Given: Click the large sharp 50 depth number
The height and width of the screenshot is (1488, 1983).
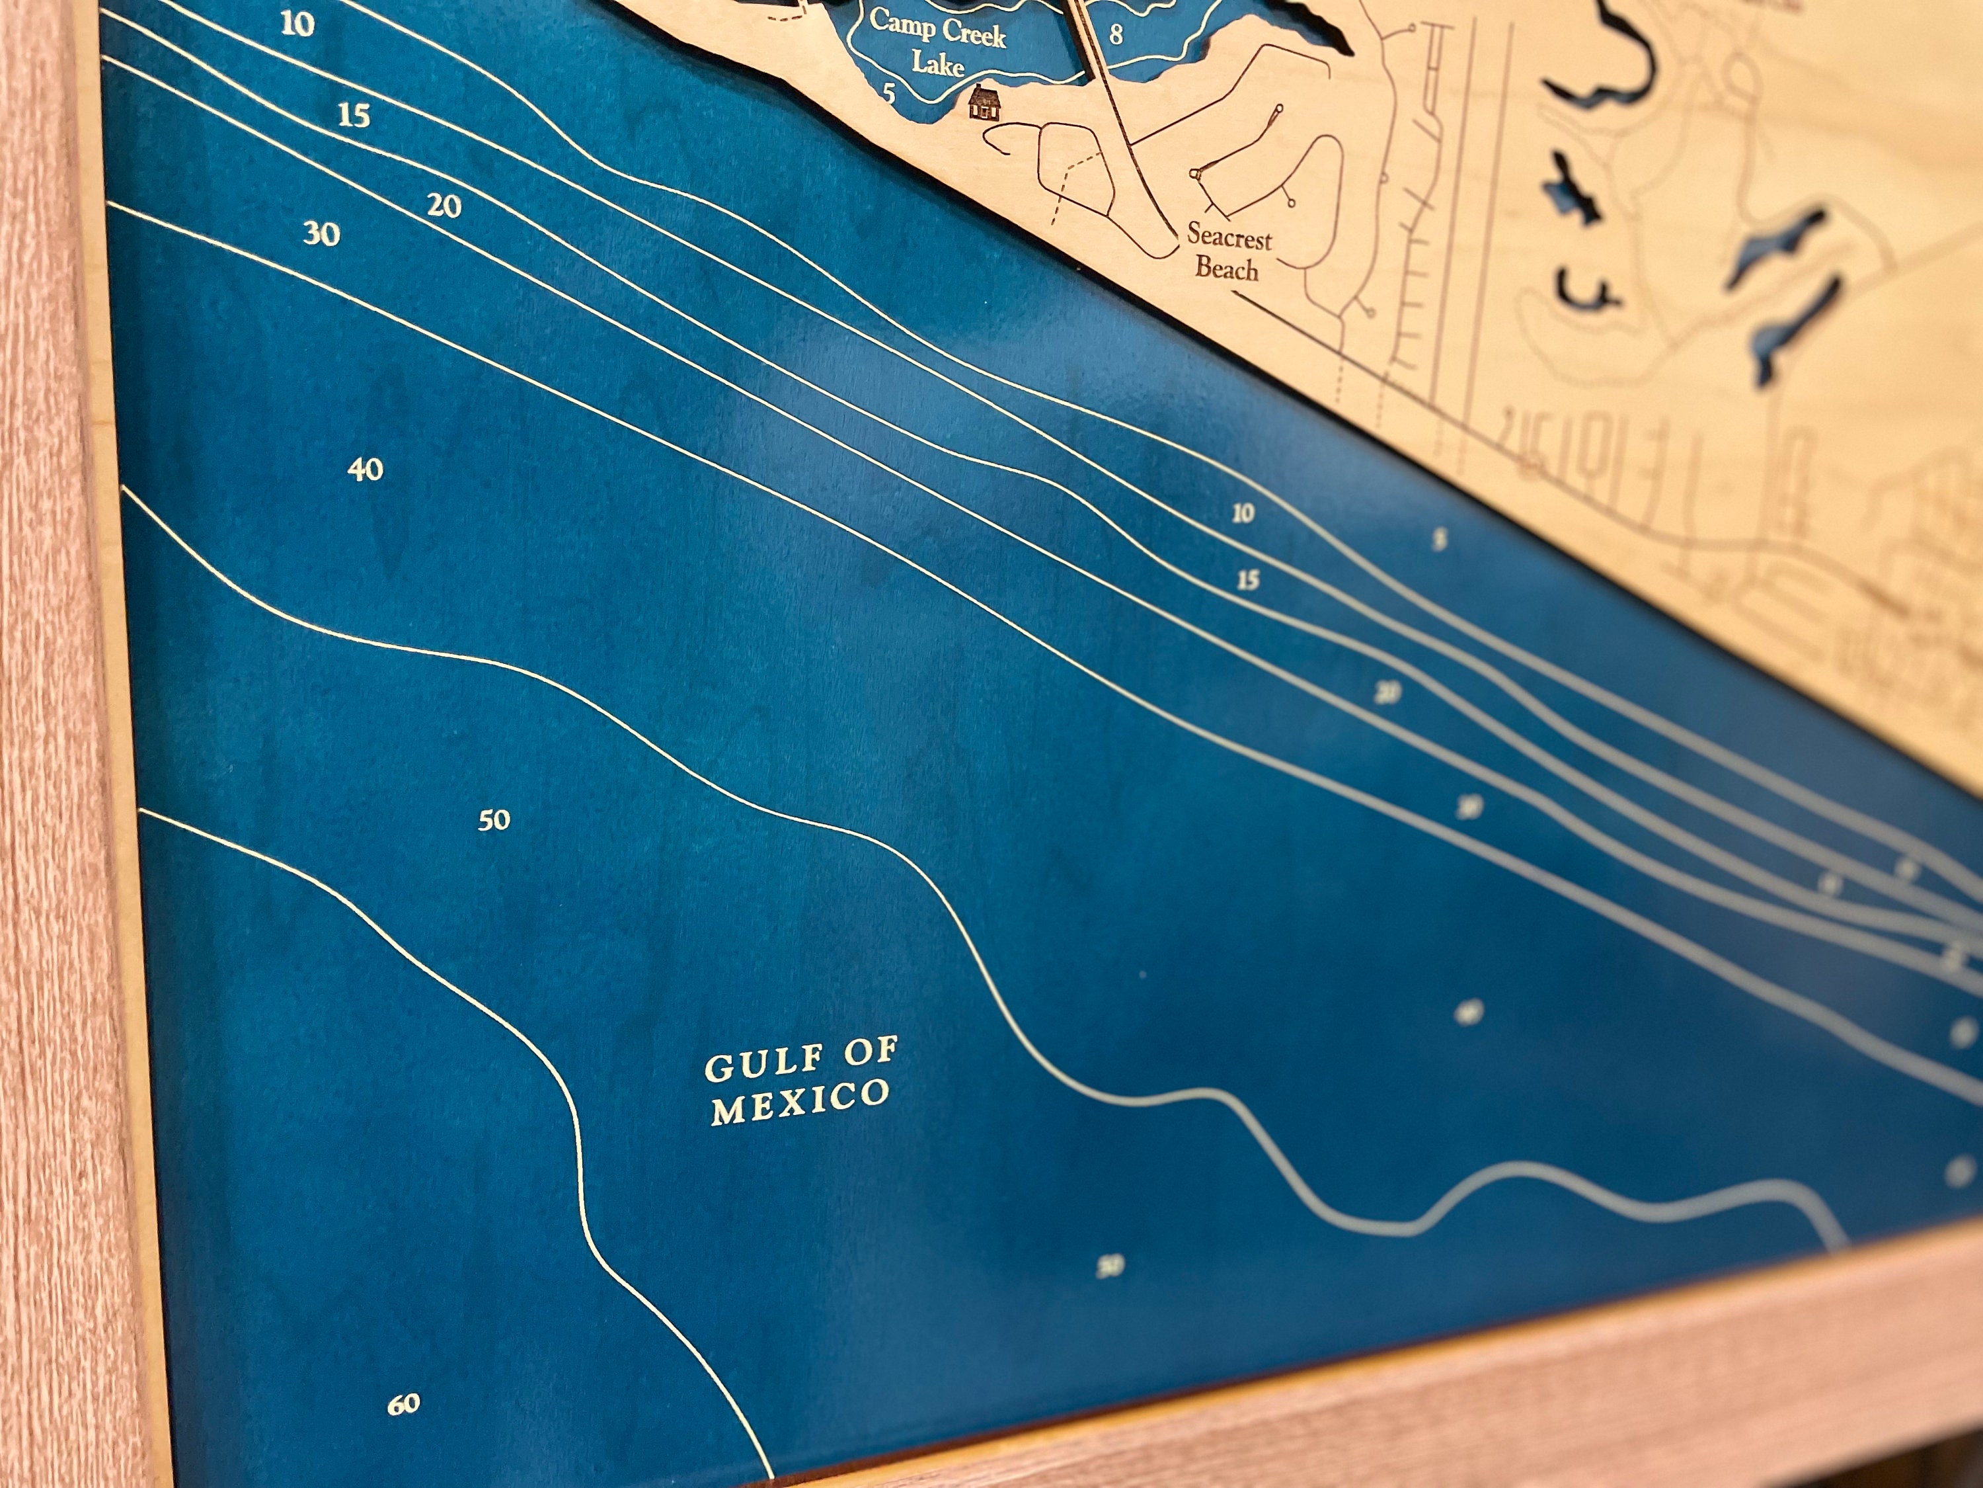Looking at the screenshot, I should (x=494, y=820).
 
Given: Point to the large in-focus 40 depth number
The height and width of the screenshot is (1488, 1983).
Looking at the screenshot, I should (x=366, y=469).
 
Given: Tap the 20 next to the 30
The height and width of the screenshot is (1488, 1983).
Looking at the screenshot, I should (x=444, y=207).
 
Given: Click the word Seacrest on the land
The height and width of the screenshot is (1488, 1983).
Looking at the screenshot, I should (x=1229, y=237).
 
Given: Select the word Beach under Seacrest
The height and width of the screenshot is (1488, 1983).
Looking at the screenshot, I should (x=1226, y=269).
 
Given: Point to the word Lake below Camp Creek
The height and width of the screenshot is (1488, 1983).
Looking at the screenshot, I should (x=939, y=65).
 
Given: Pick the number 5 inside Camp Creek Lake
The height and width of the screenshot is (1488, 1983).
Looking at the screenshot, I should (x=889, y=93).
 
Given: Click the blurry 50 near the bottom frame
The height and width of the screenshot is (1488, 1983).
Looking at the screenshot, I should (x=1110, y=1266).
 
